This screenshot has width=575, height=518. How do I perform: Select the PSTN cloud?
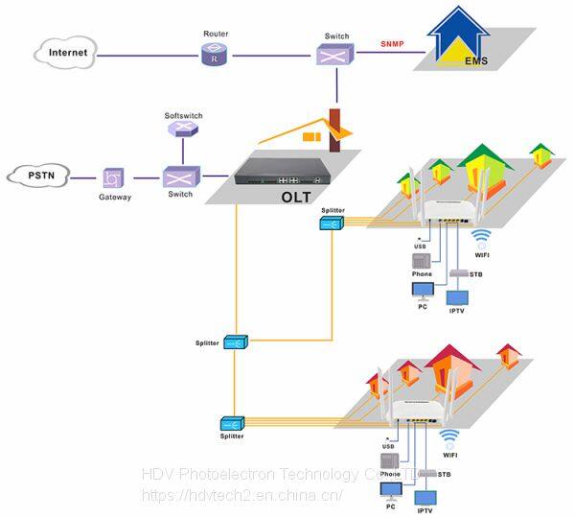41,176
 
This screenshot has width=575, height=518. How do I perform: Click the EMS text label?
476,62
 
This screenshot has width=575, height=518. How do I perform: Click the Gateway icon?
114,178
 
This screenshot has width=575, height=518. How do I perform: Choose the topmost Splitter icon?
332,224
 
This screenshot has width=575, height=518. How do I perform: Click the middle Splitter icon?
235,341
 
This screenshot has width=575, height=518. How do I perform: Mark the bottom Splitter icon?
233,423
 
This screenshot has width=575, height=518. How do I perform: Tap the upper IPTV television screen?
456,296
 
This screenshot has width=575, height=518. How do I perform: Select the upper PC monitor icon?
422,291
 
